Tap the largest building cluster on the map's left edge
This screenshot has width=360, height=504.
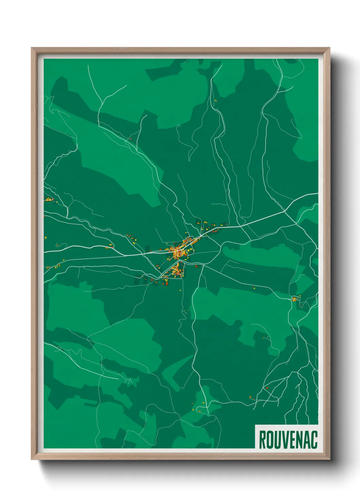[48, 199]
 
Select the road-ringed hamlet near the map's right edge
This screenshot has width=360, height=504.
[295, 299]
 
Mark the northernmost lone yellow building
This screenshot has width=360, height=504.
[215, 100]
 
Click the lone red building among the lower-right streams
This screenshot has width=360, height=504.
[267, 388]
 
